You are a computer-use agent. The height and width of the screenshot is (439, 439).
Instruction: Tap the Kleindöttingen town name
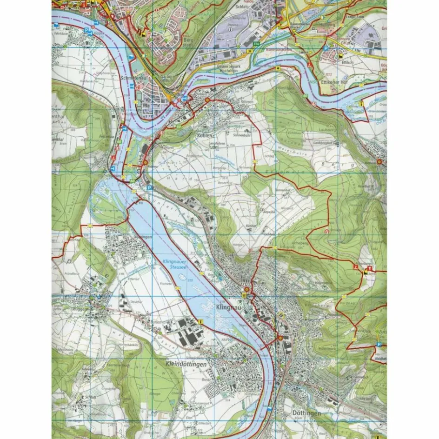click(186, 365)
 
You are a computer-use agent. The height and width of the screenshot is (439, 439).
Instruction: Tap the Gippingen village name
click(130, 237)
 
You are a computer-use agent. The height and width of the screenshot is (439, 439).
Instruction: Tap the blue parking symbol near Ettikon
click(326, 47)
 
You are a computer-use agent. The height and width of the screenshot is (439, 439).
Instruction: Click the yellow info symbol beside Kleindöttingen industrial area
click(201, 321)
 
